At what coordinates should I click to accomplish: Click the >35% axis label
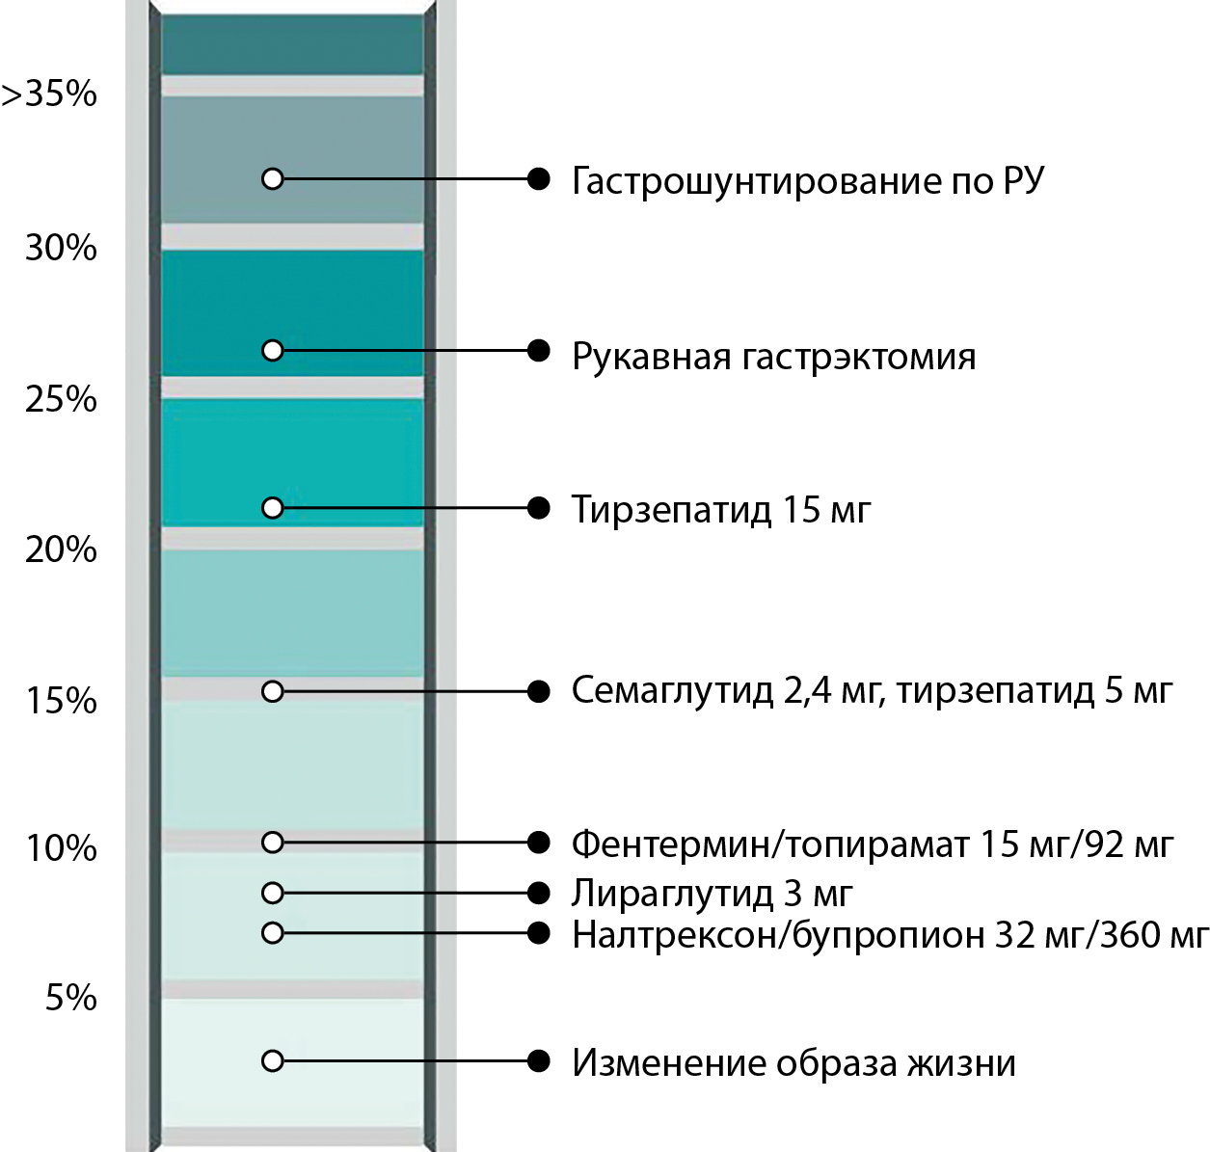tap(50, 94)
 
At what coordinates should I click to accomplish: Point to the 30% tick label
tap(61, 248)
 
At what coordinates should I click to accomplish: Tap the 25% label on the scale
tap(61, 399)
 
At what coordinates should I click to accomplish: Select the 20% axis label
tap(61, 549)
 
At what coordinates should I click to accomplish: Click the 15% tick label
tap(61, 701)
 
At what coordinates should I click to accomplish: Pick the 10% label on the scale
tap(61, 848)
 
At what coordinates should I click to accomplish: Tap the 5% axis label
tap(71, 998)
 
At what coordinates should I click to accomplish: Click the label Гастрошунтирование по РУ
tap(807, 181)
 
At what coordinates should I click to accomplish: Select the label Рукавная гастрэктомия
tap(773, 357)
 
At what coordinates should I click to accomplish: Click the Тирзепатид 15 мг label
tap(720, 509)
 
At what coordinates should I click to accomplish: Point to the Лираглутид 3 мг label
tap(712, 894)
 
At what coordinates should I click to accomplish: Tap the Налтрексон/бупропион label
tap(889, 934)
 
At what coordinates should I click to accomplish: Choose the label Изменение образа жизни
tap(793, 1063)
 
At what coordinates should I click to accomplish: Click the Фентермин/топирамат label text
tap(872, 844)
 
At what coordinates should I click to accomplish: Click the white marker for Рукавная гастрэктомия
tap(273, 350)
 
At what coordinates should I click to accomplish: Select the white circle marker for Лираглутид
tap(273, 893)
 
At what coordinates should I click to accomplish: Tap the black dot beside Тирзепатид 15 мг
tap(539, 508)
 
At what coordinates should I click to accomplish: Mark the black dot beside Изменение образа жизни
tap(539, 1061)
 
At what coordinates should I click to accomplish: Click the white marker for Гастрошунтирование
tap(273, 178)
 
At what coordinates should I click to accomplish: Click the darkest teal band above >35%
tap(292, 44)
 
